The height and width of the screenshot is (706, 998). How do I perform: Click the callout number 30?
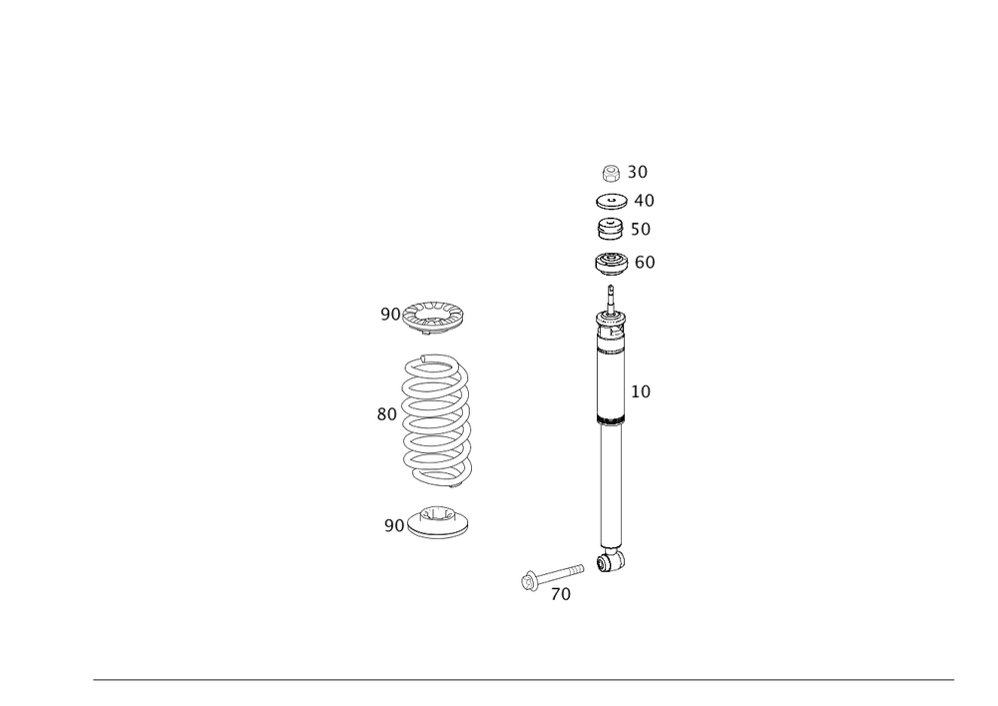[x=638, y=172]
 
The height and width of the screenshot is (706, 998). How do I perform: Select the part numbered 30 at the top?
[x=611, y=173]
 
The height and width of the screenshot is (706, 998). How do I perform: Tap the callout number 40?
[x=644, y=201]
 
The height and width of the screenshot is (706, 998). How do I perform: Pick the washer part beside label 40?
[x=611, y=202]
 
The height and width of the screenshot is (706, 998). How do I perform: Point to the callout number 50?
[x=641, y=230]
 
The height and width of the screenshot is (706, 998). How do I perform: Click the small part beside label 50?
[x=610, y=230]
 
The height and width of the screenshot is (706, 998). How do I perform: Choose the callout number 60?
[x=645, y=262]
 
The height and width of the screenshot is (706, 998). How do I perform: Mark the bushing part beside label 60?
[x=610, y=264]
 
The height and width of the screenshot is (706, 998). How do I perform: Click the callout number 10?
[x=641, y=392]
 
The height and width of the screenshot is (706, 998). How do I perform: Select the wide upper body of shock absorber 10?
[x=611, y=384]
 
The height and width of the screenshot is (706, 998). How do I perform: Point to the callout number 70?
[x=561, y=594]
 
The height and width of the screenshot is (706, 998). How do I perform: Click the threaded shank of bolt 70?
[x=563, y=571]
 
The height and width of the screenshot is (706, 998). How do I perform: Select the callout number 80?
[x=387, y=413]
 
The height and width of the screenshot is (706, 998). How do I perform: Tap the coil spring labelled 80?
[x=435, y=419]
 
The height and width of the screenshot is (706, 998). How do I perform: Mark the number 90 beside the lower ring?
[x=394, y=524]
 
